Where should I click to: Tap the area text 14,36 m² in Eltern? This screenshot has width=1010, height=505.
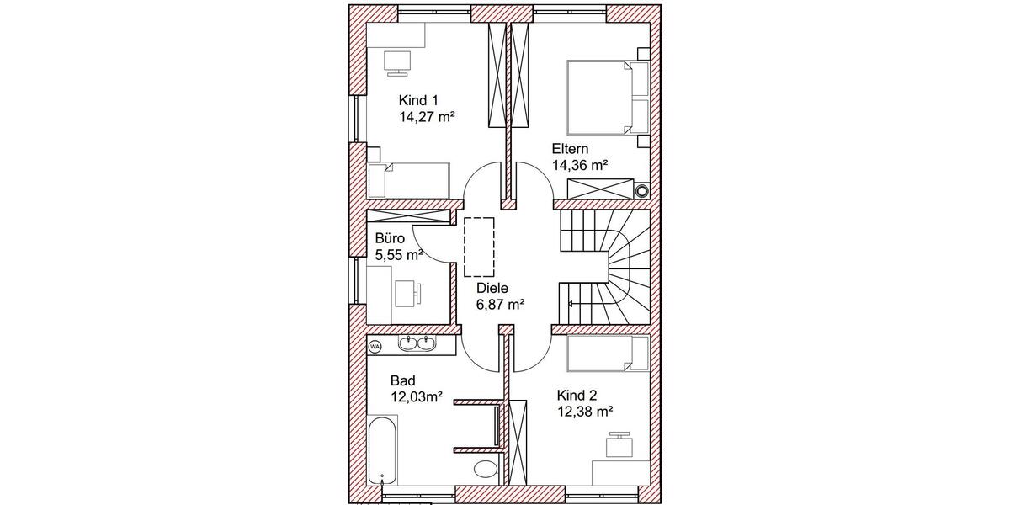(x=580, y=166)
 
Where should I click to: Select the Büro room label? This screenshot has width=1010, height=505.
(x=390, y=238)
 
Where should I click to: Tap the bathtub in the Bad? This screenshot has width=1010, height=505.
(x=383, y=450)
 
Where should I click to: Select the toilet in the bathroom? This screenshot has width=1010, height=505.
(x=486, y=469)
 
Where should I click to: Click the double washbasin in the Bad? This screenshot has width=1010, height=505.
(x=417, y=343)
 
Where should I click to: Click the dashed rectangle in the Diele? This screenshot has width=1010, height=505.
(x=478, y=246)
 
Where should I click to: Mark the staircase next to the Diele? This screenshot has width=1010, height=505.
(x=604, y=266)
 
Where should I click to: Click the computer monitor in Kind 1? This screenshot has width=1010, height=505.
(x=396, y=61)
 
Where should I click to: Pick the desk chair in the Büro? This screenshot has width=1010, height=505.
(x=417, y=292)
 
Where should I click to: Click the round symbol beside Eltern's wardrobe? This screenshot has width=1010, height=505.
(x=643, y=190)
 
